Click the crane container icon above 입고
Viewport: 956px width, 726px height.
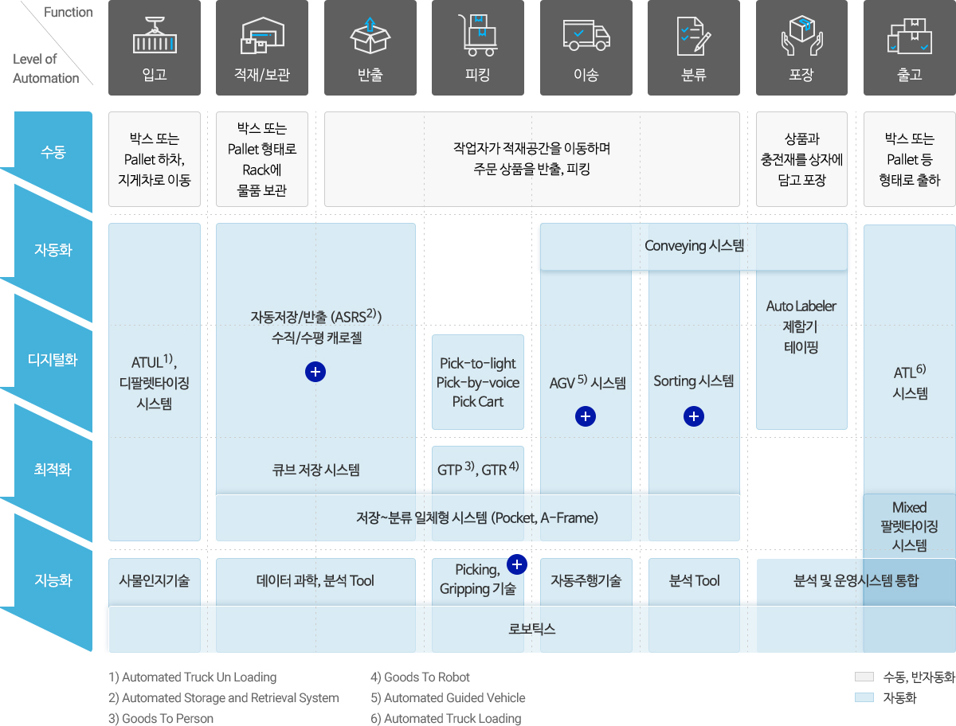coord(155,35)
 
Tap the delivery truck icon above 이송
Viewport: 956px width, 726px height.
coord(586,35)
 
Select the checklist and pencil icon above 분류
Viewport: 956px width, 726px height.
coord(693,36)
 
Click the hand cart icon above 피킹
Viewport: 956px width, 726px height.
coord(478,35)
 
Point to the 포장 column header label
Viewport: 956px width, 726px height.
coord(801,75)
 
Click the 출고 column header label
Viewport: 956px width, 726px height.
coord(910,75)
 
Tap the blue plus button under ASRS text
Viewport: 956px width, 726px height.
coord(315,372)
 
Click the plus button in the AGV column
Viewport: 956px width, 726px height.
coord(586,416)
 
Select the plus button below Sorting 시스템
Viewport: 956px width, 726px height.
coord(694,416)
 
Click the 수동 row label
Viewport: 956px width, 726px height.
coord(53,152)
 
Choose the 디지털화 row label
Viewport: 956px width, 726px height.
coord(53,360)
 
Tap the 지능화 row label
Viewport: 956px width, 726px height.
coord(53,580)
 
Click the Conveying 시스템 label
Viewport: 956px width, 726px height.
coord(694,246)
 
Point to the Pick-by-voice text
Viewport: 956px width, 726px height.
coord(478,382)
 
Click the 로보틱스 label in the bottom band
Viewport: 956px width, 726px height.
coord(532,629)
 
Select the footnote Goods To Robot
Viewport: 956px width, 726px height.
coord(420,677)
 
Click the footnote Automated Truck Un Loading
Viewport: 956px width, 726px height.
coord(193,677)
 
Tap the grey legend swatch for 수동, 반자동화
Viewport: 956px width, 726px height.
coord(864,677)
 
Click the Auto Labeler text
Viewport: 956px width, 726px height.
coord(801,306)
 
